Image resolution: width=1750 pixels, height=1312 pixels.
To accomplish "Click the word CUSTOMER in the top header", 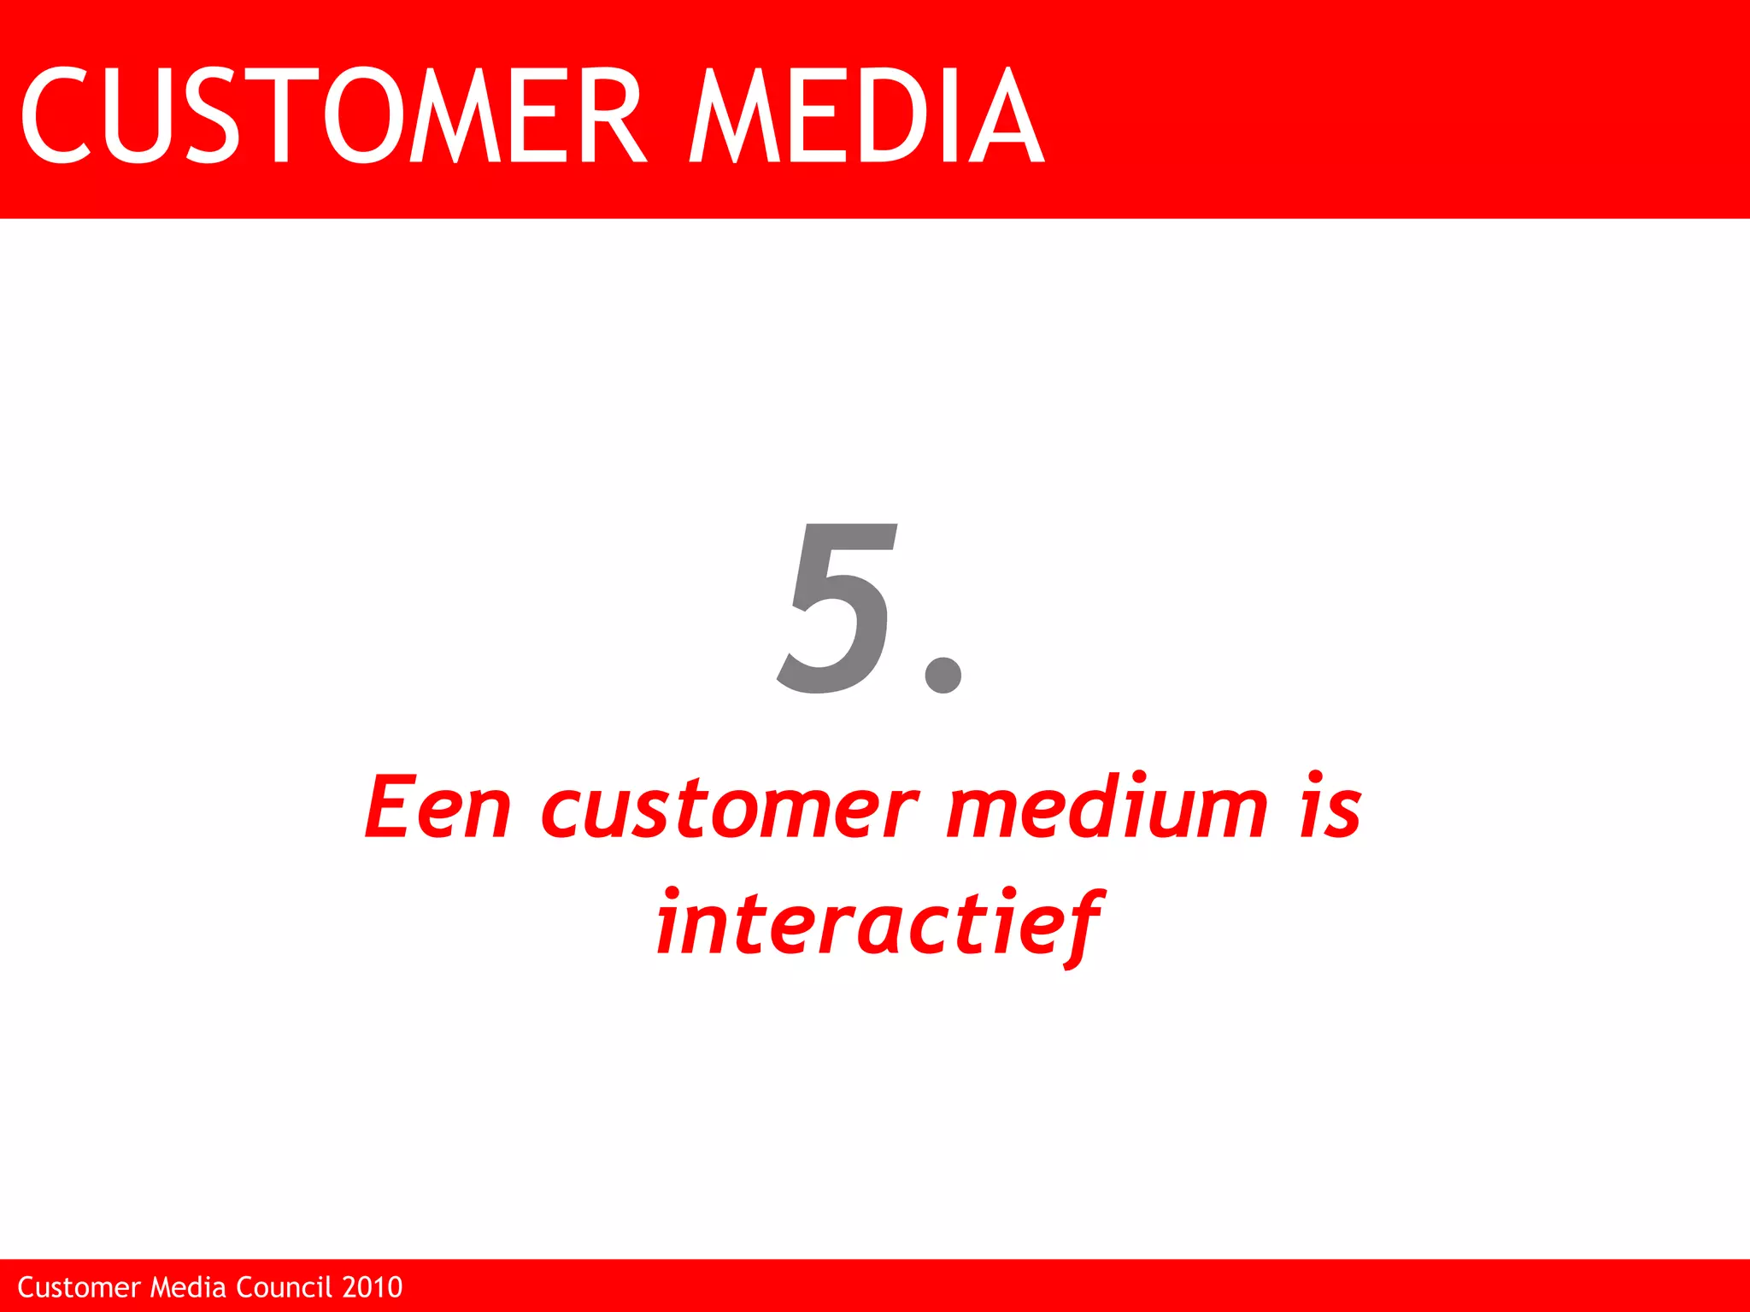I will pos(333,115).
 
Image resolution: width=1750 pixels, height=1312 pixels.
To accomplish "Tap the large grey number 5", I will pos(837,608).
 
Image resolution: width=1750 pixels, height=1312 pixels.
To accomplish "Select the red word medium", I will pos(1107,807).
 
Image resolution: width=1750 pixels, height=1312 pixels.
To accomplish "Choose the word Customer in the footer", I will pos(79,1287).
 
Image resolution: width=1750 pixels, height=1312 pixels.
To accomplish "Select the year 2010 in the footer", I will pos(372,1287).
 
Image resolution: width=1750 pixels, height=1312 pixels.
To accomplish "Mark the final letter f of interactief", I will pos(1082,927).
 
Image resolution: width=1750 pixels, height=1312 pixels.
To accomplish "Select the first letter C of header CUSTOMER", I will pos(56,115).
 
